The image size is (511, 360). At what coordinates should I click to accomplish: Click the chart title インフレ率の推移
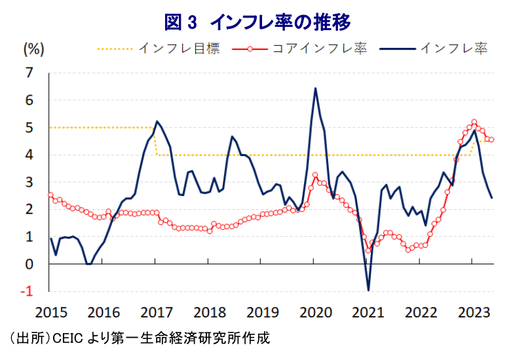[x=257, y=22]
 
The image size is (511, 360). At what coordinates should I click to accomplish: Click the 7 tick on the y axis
[x=29, y=73]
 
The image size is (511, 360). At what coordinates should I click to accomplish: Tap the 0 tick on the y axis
[x=29, y=264]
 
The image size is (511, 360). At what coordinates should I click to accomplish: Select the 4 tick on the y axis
[x=29, y=155]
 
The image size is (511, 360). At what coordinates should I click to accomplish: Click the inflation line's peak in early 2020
[x=316, y=89]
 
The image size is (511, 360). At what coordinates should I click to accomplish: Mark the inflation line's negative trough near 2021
[x=368, y=290]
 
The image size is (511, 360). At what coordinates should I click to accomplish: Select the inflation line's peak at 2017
[x=157, y=121]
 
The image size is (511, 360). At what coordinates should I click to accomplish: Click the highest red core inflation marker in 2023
[x=474, y=122]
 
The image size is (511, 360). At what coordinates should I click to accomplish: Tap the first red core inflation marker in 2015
[x=50, y=194]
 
